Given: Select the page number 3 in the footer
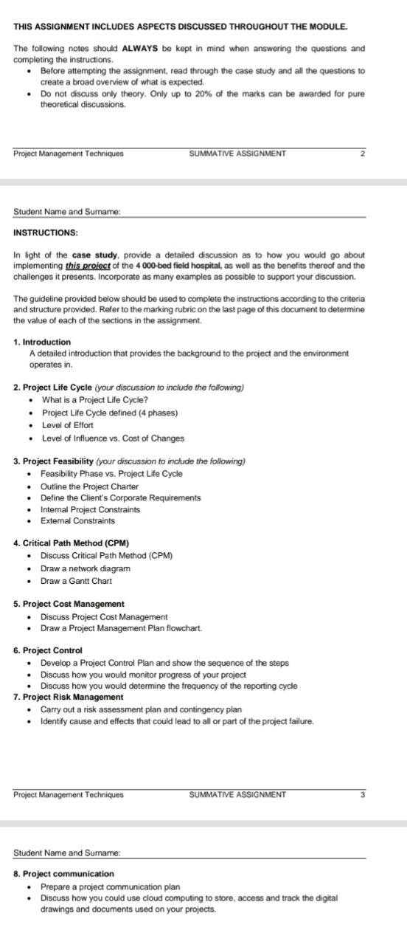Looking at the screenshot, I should (363, 774).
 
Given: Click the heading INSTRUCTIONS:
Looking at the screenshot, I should (46, 233).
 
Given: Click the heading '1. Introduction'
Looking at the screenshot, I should (42, 342).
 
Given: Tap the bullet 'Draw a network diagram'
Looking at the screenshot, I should (85, 568).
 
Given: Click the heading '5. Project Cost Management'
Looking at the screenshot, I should (69, 604).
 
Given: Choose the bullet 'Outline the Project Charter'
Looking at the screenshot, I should (89, 486).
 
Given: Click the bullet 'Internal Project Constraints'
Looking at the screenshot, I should (91, 509).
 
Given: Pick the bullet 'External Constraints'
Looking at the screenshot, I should (77, 521).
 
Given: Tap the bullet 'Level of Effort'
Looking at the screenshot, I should (67, 426).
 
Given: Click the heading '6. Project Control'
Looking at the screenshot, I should (48, 650).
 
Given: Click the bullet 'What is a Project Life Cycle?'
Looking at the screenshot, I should (97, 401).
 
